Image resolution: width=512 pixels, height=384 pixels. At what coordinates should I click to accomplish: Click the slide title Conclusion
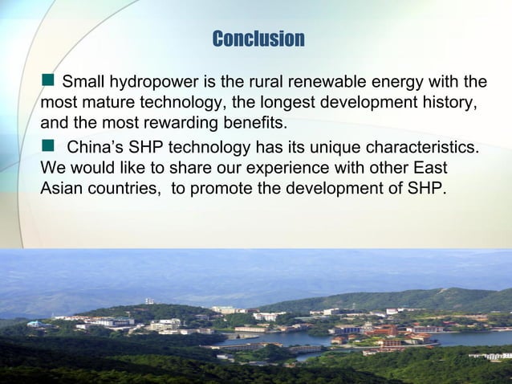coord(258,39)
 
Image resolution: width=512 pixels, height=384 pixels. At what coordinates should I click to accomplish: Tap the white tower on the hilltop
coord(148,301)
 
